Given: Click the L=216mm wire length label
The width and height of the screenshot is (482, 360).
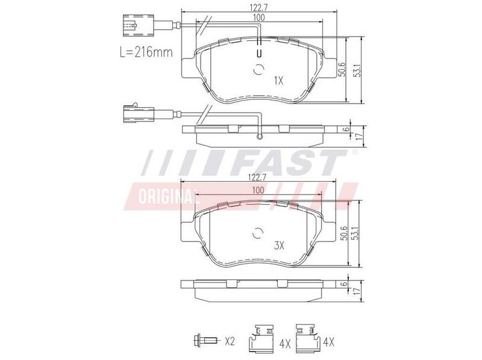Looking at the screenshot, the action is [146, 52].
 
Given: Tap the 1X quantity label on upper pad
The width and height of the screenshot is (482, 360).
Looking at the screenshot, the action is [278, 81].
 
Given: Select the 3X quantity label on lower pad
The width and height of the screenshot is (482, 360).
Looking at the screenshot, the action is [279, 245].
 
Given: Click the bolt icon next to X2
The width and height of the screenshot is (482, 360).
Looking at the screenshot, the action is [205, 340].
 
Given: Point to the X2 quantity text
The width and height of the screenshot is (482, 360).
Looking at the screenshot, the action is [230, 341].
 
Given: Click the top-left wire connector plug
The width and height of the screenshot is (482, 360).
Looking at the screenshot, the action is [138, 25].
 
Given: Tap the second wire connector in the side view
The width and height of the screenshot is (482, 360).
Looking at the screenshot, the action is [138, 114].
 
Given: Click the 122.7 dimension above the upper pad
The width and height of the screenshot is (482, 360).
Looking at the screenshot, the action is [259, 7].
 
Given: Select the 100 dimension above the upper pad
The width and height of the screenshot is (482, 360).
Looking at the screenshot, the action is [258, 17].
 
